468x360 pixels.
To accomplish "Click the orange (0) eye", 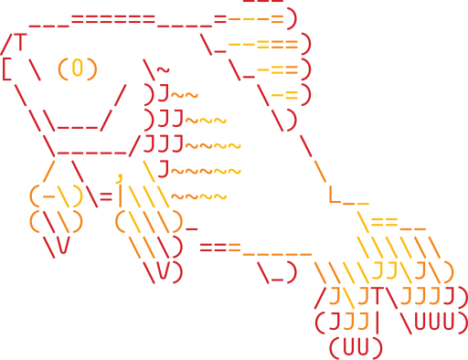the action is tap(78, 69).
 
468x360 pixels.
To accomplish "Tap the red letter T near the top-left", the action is tap(19, 43).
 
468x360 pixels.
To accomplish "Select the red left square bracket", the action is tap(6, 69).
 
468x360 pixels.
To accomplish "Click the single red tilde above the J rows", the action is tap(162, 69).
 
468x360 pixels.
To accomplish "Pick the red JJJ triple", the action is tap(165, 143).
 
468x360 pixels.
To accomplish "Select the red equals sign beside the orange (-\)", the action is tap(106, 196).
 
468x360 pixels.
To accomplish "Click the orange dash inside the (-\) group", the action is tap(48, 196).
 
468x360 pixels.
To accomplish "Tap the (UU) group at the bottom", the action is tap(355, 347).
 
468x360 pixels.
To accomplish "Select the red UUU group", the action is tap(441, 322).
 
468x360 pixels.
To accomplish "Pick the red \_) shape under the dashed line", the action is tap(277, 271).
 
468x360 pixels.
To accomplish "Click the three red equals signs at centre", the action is tap(219, 247).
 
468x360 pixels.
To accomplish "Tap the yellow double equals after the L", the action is tap(385, 222).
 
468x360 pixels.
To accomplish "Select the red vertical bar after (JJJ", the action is tap(377, 322).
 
